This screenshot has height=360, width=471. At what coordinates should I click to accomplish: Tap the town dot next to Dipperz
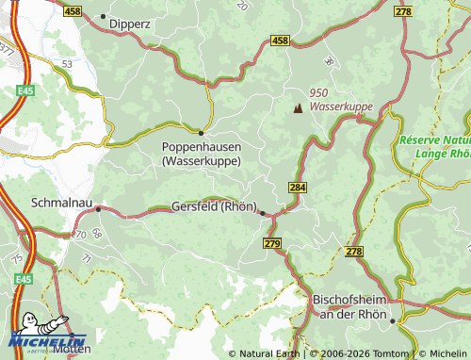coord(103,16)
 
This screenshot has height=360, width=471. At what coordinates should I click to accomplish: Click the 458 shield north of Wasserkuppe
coord(280,41)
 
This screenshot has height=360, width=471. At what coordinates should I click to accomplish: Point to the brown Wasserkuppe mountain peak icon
coord(299,107)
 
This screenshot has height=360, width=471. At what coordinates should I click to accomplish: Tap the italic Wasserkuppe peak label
coord(341,108)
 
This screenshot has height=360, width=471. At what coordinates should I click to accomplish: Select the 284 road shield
coord(298,188)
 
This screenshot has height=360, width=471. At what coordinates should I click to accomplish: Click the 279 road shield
coord(273,244)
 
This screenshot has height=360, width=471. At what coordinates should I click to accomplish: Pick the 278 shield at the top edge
coord(404,10)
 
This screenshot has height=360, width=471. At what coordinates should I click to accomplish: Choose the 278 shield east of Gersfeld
coord(354,252)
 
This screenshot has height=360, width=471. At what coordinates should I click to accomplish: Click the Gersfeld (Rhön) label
coord(215,207)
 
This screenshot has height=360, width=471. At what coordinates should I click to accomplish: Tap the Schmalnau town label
coord(61,202)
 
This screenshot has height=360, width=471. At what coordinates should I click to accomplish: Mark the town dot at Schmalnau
coord(98,209)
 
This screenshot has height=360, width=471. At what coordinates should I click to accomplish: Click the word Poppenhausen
coord(202,147)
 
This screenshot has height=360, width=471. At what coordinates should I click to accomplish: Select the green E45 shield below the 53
coord(24,91)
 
